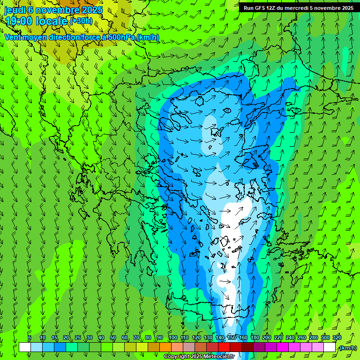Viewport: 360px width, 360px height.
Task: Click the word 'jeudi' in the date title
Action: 15,10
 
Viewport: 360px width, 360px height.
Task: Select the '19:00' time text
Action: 18,21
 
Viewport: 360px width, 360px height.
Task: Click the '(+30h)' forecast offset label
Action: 81,21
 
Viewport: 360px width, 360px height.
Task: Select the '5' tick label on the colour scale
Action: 30,337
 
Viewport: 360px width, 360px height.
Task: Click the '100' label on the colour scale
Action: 173,337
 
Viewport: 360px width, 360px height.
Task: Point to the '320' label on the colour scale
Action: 337,337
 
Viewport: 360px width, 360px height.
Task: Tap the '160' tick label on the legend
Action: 243,337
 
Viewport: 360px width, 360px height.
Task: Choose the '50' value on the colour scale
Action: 113,337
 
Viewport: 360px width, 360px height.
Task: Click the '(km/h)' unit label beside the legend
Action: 347,348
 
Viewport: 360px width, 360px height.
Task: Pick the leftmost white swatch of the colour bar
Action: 25,347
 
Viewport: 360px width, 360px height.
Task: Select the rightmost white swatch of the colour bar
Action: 330,347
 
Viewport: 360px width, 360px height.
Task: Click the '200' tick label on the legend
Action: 267,337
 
